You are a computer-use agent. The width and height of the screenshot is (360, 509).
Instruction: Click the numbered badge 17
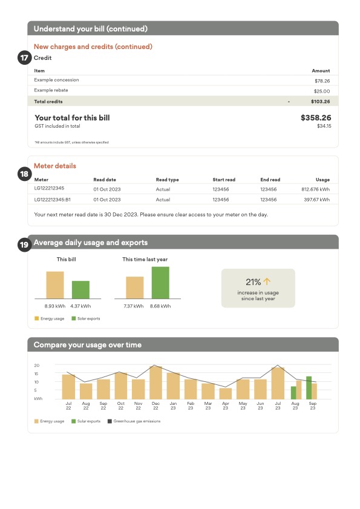(24, 58)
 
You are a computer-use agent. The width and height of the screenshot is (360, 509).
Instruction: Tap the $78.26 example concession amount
(321, 80)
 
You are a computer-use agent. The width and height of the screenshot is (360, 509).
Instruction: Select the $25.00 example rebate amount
(322, 90)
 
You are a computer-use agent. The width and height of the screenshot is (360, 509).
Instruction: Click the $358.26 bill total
(315, 118)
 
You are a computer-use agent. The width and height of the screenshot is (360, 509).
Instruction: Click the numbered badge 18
(24, 174)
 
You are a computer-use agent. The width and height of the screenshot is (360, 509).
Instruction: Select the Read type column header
(168, 180)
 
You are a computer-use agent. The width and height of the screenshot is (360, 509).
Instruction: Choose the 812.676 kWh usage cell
(315, 189)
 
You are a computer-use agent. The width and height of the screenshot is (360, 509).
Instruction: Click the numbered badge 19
(24, 245)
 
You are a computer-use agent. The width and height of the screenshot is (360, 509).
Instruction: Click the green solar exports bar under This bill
(80, 290)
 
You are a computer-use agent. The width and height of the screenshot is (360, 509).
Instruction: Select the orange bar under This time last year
(135, 287)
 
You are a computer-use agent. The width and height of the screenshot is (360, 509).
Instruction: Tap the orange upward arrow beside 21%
(267, 281)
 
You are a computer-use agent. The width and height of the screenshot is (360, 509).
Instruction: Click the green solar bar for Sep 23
(309, 387)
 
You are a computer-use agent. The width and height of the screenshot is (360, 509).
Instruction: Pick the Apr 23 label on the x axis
(226, 405)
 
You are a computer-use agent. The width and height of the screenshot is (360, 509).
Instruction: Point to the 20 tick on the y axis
(36, 366)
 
